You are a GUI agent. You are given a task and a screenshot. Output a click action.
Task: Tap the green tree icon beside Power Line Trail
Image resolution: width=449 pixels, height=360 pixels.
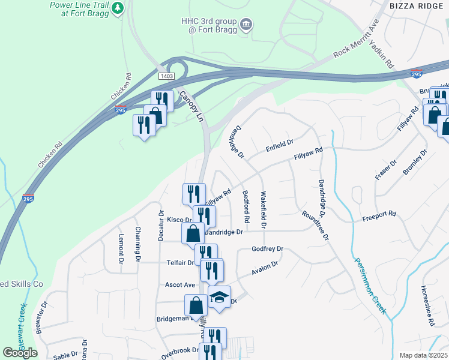pyautogui.click(x=119, y=8)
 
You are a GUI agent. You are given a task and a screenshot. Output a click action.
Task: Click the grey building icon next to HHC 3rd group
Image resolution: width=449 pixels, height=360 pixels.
pyautogui.click(x=246, y=25)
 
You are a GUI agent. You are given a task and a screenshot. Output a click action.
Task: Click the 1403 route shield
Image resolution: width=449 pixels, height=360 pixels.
pyautogui.click(x=167, y=76)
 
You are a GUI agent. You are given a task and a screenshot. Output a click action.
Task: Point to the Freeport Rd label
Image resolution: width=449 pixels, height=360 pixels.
pyautogui.click(x=379, y=213)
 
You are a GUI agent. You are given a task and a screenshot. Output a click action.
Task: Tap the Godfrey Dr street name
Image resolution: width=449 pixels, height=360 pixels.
pyautogui.click(x=267, y=248)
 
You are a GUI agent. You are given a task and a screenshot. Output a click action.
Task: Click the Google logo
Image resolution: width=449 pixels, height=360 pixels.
pyautogui.click(x=20, y=353)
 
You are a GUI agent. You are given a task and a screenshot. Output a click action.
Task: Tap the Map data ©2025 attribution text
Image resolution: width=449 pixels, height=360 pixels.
pyautogui.click(x=423, y=355)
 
